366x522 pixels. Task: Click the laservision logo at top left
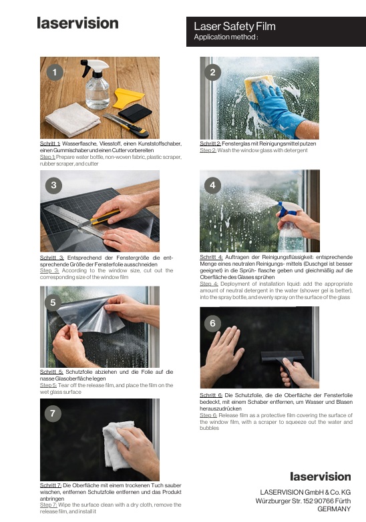[77, 23]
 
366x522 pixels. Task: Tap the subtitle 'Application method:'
[225, 37]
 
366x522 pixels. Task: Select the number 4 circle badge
[212, 185]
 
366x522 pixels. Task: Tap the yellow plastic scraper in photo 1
[129, 99]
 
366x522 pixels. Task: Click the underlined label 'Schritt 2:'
[210, 144]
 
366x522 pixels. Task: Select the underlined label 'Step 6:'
[210, 415]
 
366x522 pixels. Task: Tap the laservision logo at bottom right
[320, 476]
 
